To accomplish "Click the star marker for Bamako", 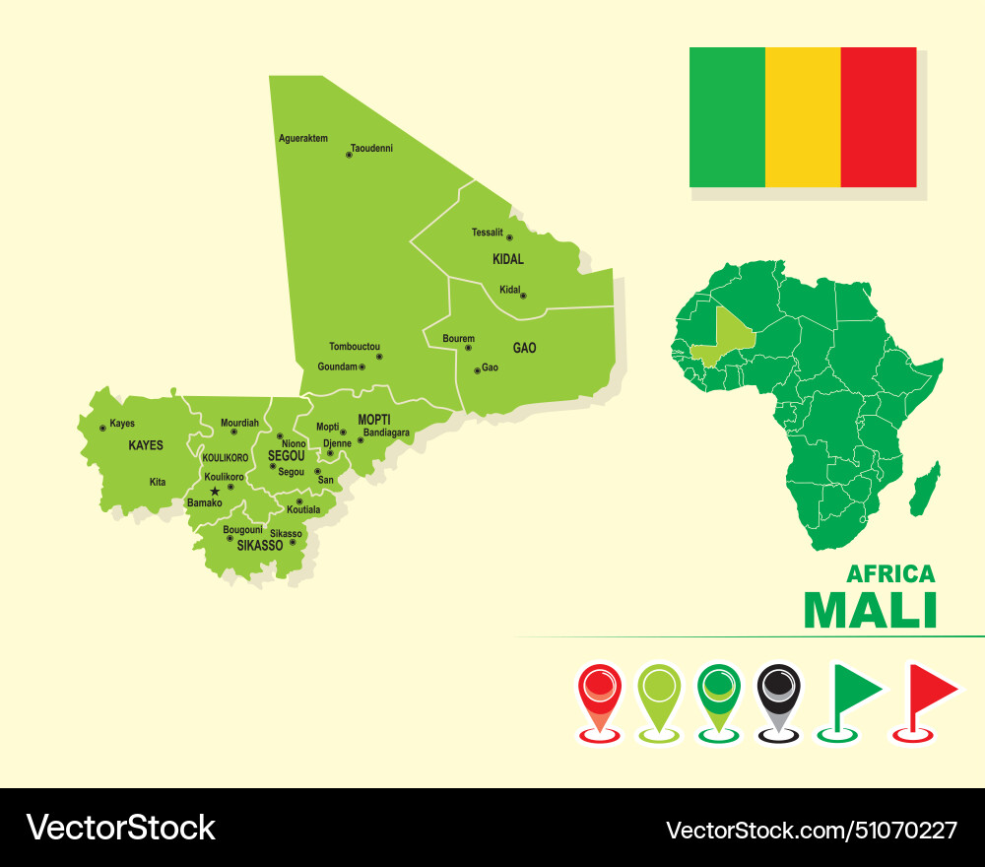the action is (x=215, y=491).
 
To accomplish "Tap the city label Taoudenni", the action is (x=371, y=148).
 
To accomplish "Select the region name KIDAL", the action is (x=508, y=260).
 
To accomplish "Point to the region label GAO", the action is (x=524, y=348).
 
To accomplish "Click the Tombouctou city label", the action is (x=355, y=347).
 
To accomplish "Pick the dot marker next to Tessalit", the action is (x=509, y=237).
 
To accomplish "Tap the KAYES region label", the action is (x=146, y=445).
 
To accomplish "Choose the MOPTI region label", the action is (x=374, y=419).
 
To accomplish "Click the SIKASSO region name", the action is (x=260, y=545).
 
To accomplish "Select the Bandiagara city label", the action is (x=386, y=433).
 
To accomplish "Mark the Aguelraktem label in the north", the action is (x=303, y=139).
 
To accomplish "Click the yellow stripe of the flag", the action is (x=803, y=117).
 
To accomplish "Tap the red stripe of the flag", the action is (x=879, y=117).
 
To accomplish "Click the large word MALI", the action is (x=871, y=611).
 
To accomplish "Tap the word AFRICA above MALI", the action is (x=890, y=573).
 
